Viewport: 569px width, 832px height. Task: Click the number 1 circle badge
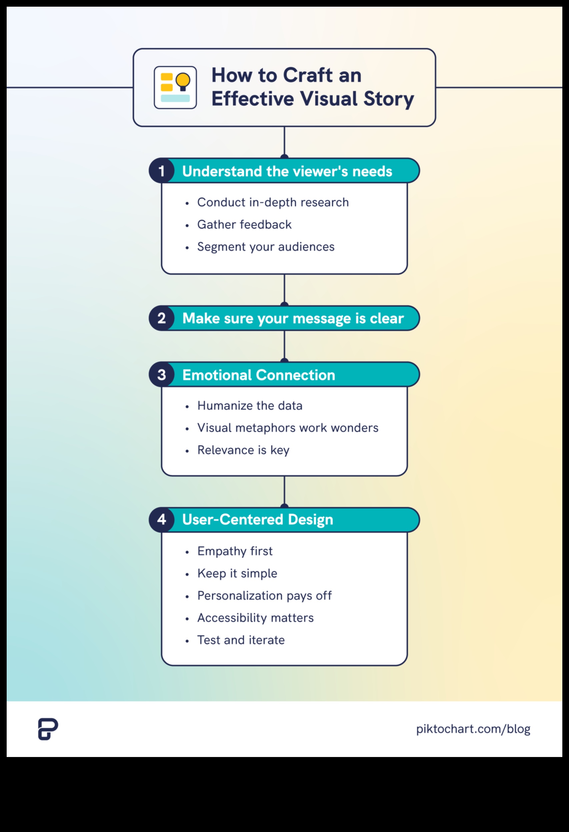(161, 171)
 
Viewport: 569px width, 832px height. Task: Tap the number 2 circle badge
(161, 318)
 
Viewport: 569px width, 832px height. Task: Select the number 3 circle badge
(161, 374)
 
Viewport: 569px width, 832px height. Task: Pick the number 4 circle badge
(161, 519)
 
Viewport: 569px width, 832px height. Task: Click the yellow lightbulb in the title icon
(183, 81)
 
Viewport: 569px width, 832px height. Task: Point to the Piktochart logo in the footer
(48, 729)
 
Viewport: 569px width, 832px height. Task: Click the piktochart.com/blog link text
(473, 729)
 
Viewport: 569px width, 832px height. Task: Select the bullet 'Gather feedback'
(244, 224)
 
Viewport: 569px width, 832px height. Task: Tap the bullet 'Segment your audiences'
(266, 247)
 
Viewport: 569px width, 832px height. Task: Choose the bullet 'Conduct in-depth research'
(273, 202)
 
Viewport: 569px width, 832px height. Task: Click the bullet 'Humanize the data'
(250, 406)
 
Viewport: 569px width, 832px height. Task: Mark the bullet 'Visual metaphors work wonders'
(288, 428)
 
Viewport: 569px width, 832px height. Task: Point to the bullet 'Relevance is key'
(243, 450)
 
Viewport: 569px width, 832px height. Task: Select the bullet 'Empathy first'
(235, 551)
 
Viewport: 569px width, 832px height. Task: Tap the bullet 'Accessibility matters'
(255, 618)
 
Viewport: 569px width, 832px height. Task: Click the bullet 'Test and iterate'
(241, 640)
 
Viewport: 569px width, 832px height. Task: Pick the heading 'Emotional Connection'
(259, 375)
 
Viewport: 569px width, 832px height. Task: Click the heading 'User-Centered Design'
(257, 519)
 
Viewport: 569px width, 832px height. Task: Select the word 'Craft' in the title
(308, 75)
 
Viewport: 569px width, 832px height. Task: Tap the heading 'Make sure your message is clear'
(293, 318)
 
